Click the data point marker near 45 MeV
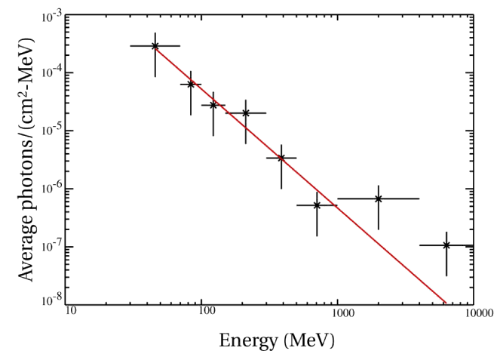coord(155,46)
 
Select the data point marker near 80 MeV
coord(191,85)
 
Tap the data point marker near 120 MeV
coord(213,105)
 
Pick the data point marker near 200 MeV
coord(246,113)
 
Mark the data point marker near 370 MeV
coord(281,158)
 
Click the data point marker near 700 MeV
coord(317,205)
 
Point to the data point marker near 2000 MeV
coord(378,198)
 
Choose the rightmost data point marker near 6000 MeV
coord(446,245)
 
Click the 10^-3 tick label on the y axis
coord(52,16)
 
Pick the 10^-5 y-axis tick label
coord(52,131)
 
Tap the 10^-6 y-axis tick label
coord(52,189)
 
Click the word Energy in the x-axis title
coord(244,340)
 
